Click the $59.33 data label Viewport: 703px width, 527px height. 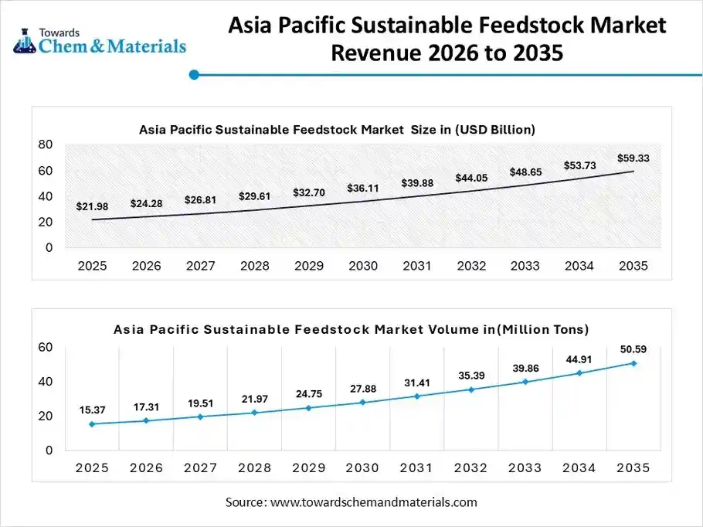pos(633,158)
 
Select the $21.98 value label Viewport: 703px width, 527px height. pos(92,206)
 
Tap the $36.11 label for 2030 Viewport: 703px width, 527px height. pos(362,188)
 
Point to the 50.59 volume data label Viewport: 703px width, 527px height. pos(633,349)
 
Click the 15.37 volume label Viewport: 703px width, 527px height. pos(92,410)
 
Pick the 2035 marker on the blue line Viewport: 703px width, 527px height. pos(633,363)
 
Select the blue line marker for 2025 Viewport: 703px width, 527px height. pos(92,423)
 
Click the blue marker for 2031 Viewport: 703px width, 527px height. pos(416,396)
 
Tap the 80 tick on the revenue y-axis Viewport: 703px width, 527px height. pos(45,144)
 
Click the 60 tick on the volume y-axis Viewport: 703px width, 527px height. pos(45,348)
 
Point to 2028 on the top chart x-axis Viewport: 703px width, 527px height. pos(254,266)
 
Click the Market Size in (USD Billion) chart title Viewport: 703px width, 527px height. pos(337,129)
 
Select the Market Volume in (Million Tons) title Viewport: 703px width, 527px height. pos(351,329)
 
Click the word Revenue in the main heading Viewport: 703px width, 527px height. pos(379,55)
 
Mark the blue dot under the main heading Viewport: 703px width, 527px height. pos(194,75)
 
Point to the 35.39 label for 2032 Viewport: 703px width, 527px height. pos(470,376)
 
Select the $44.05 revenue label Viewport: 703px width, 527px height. pos(470,178)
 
